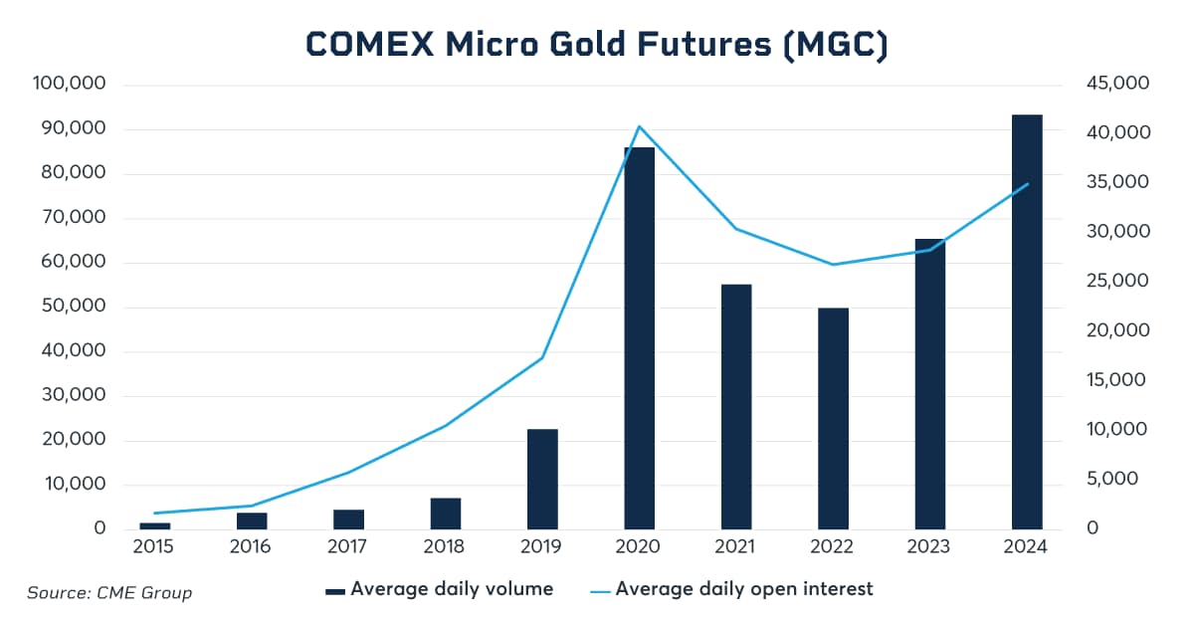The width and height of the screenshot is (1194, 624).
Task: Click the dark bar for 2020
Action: click(639, 338)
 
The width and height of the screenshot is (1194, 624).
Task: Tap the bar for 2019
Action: click(542, 479)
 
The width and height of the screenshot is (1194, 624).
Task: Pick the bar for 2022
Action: click(833, 418)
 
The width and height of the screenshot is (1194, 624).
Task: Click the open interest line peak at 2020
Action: click(639, 126)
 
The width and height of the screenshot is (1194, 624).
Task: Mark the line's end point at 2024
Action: click(1028, 184)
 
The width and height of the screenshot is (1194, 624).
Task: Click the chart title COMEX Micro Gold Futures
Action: click(596, 46)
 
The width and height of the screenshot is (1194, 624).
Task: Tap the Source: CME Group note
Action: click(109, 593)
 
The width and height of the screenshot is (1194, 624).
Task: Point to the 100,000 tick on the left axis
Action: click(71, 85)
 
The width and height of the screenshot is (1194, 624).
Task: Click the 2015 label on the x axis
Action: click(153, 547)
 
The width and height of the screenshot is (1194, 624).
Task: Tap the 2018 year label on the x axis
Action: click(445, 547)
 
